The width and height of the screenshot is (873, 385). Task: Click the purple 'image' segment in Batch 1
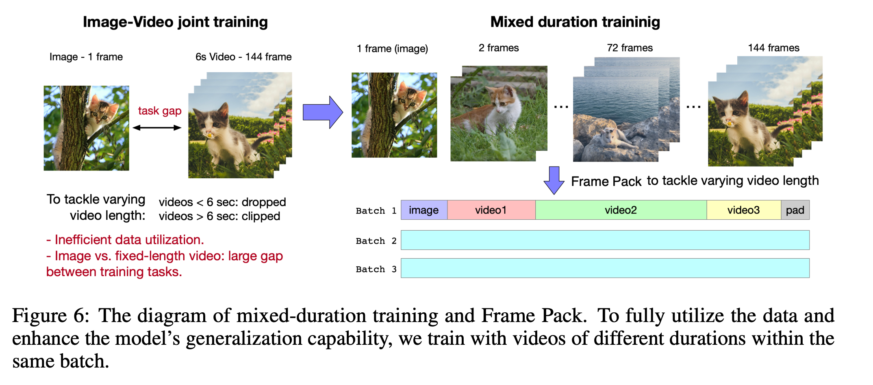click(424, 210)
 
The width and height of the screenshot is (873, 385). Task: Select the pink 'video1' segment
click(491, 210)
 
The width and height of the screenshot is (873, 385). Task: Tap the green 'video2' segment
click(621, 210)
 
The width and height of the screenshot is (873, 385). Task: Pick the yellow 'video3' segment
click(744, 210)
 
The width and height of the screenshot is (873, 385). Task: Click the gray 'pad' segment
click(795, 210)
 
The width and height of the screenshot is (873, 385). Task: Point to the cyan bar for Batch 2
click(605, 240)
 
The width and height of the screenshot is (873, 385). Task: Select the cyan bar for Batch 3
click(605, 268)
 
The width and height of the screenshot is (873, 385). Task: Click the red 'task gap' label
click(160, 111)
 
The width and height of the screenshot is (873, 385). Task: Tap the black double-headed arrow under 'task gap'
click(157, 128)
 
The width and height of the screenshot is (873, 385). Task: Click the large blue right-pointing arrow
click(323, 112)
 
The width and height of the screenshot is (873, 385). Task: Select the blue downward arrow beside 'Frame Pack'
click(554, 180)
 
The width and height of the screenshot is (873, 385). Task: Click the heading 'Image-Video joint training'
click(175, 22)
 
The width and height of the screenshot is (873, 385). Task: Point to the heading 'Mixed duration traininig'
click(575, 22)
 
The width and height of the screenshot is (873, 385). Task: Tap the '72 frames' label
click(630, 48)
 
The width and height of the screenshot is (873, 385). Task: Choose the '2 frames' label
click(499, 48)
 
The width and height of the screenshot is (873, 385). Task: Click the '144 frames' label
click(774, 48)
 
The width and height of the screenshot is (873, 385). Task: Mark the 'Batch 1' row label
click(376, 211)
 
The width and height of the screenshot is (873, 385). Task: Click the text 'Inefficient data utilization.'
click(129, 240)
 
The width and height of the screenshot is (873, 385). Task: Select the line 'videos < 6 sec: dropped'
click(222, 202)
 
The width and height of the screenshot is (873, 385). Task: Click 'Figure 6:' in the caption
click(51, 316)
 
